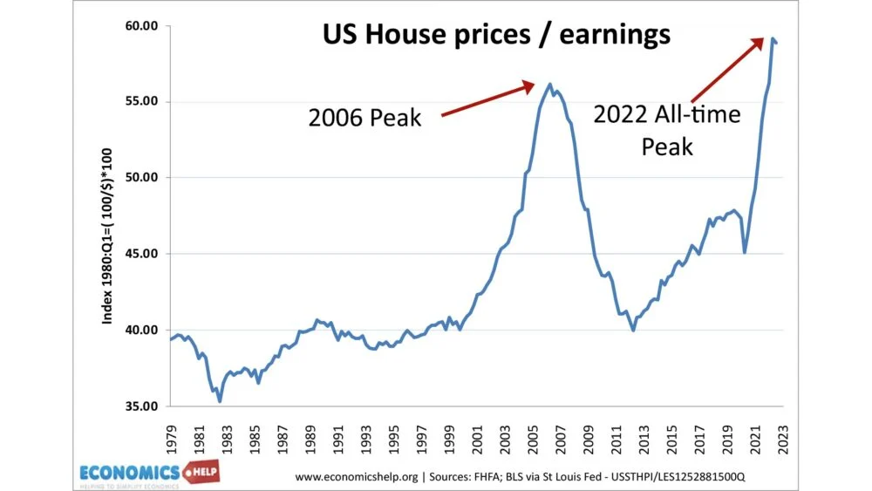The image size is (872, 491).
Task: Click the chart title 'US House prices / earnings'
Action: click(x=497, y=34)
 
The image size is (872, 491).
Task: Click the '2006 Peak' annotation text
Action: click(x=364, y=117)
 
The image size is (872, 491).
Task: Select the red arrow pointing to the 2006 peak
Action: click(x=488, y=99)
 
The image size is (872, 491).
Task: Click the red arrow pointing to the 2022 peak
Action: click(x=728, y=70)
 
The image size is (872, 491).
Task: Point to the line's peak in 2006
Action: click(x=549, y=85)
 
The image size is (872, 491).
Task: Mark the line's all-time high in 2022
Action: click(x=772, y=38)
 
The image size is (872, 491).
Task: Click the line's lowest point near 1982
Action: click(x=220, y=401)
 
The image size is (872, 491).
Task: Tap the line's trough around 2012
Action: click(x=633, y=331)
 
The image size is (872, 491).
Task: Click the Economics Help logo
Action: click(x=148, y=474)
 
